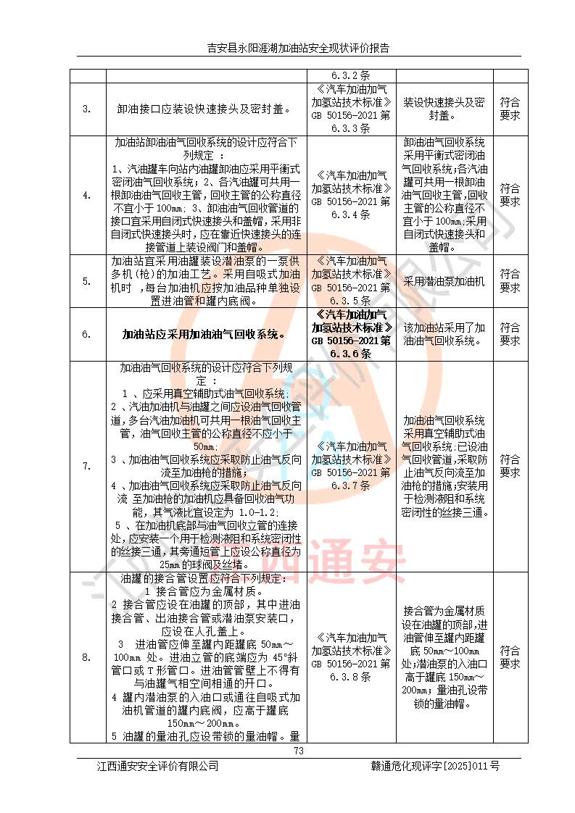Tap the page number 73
(x=298, y=751)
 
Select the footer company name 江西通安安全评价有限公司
(x=158, y=766)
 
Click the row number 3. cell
(x=87, y=109)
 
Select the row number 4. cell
(x=87, y=195)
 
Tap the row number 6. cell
(x=87, y=334)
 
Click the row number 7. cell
(x=87, y=466)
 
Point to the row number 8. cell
(x=87, y=657)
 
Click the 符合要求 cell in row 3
(x=510, y=109)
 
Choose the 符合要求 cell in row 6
(x=510, y=334)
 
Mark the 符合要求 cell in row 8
(x=510, y=656)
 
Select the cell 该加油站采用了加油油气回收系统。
(x=444, y=334)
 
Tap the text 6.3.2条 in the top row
(x=351, y=75)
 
